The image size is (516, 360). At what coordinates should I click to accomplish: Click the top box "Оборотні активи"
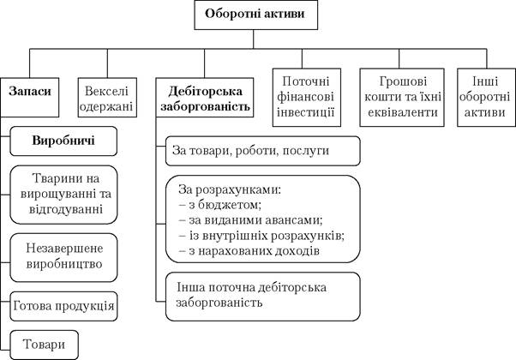coord(256,15)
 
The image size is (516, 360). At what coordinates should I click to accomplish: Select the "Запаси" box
coord(30,98)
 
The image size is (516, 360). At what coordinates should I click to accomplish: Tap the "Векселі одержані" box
coord(107,98)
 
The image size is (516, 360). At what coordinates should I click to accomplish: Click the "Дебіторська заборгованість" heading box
coord(205,98)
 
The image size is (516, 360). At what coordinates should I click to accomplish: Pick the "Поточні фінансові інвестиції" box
coord(307,98)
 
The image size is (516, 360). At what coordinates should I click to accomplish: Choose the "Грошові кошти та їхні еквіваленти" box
coord(402,98)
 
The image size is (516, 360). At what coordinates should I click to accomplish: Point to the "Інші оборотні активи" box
coord(486,98)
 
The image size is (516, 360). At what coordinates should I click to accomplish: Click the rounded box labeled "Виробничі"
coord(63,141)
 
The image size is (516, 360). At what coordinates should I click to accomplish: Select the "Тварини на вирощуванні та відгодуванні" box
coord(63,195)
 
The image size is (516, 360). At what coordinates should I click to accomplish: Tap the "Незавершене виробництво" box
coord(63,258)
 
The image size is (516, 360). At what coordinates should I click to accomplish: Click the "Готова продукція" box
coord(63,306)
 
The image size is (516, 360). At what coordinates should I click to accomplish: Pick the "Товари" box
coord(44,345)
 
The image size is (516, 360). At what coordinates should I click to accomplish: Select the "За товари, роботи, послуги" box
coord(263,151)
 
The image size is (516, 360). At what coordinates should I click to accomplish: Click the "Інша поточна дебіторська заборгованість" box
coord(263,297)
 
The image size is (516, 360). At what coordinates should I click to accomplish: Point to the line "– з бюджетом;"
coord(220,205)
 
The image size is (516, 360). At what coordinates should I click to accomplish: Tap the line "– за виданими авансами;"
coord(251,220)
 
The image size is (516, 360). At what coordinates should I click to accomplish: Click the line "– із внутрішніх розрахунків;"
coord(261,236)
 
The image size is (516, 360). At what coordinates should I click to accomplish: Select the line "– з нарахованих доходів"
coord(249,251)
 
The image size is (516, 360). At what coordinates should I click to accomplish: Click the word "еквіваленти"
coord(403,112)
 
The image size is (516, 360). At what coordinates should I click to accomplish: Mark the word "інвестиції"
coord(306,112)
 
